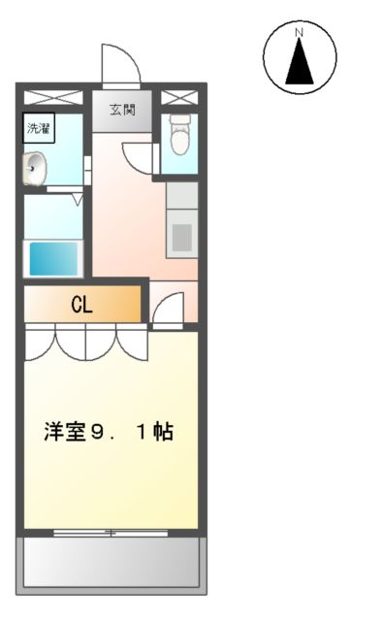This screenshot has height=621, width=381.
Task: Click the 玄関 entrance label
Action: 122,110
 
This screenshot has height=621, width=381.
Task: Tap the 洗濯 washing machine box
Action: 39,128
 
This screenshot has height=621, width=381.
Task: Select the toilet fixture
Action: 179,135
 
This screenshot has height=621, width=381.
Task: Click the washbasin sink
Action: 34,168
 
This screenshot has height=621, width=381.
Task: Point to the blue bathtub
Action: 54,259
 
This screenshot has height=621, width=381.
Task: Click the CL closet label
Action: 81,305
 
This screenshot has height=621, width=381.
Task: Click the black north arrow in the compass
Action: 300,61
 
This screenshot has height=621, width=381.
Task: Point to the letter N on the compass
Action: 300,32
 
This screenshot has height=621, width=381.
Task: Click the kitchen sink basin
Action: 181,237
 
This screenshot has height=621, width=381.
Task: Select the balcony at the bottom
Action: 111,565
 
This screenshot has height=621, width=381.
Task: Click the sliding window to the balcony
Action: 111,533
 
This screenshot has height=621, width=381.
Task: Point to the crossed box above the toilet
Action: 179,98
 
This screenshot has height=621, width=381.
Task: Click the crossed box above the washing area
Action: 54,98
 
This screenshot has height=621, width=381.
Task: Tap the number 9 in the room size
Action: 96,432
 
